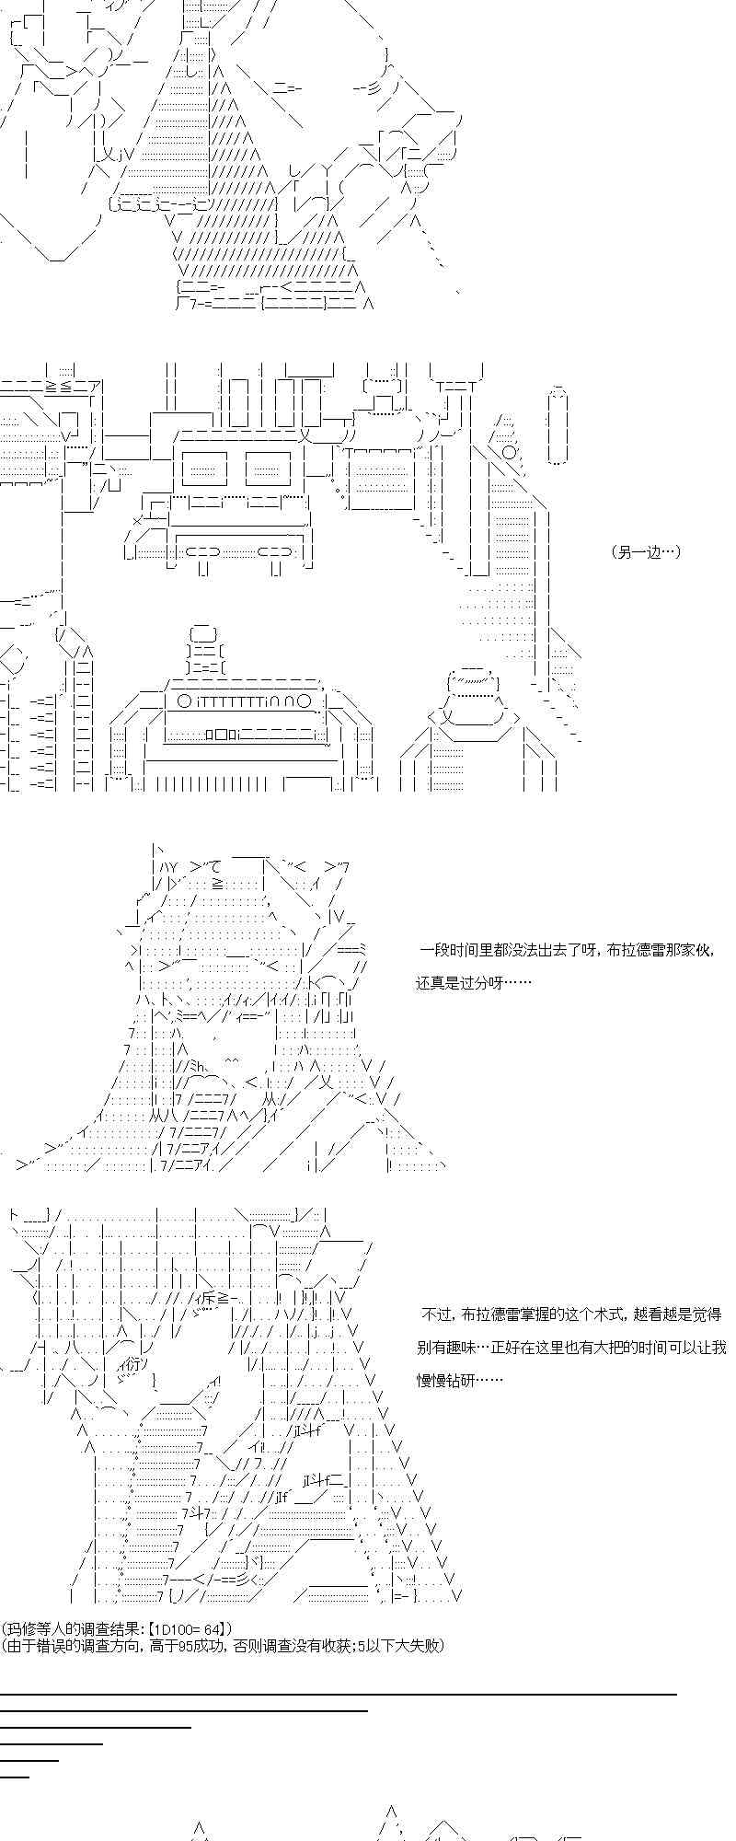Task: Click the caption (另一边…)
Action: [645, 552]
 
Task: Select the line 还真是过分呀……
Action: [473, 982]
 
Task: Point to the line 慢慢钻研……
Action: [459, 1380]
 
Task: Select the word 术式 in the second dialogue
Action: [587, 1314]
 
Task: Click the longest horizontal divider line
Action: [339, 1694]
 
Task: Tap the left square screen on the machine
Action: [205, 469]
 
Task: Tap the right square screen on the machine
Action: [268, 469]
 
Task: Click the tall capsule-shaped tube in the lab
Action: [558, 425]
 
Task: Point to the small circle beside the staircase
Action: [509, 452]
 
